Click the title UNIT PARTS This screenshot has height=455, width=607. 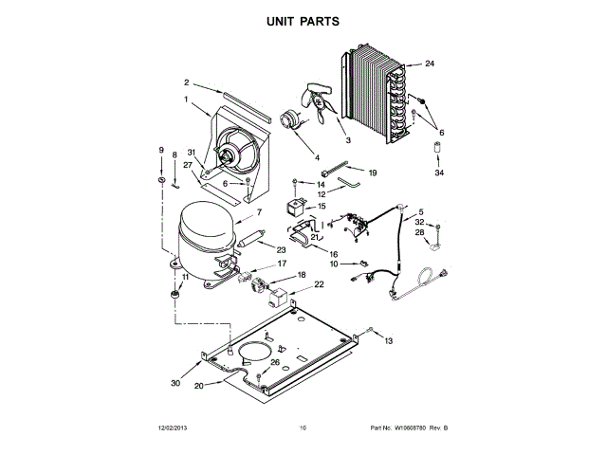pos(303,21)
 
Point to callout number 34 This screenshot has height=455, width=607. pos(438,173)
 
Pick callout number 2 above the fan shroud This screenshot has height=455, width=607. pos(187,82)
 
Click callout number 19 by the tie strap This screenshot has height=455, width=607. pos(373,173)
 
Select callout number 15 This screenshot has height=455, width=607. pos(321,206)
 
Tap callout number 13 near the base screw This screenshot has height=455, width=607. pos(388,339)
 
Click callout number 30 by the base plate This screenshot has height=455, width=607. pos(175,383)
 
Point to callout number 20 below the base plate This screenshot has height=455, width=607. pos(199,387)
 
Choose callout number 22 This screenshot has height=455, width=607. pos(319,284)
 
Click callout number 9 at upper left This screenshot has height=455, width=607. pos(161,151)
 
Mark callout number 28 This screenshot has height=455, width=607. pos(419,232)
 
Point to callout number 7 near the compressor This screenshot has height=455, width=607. pos(258,213)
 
